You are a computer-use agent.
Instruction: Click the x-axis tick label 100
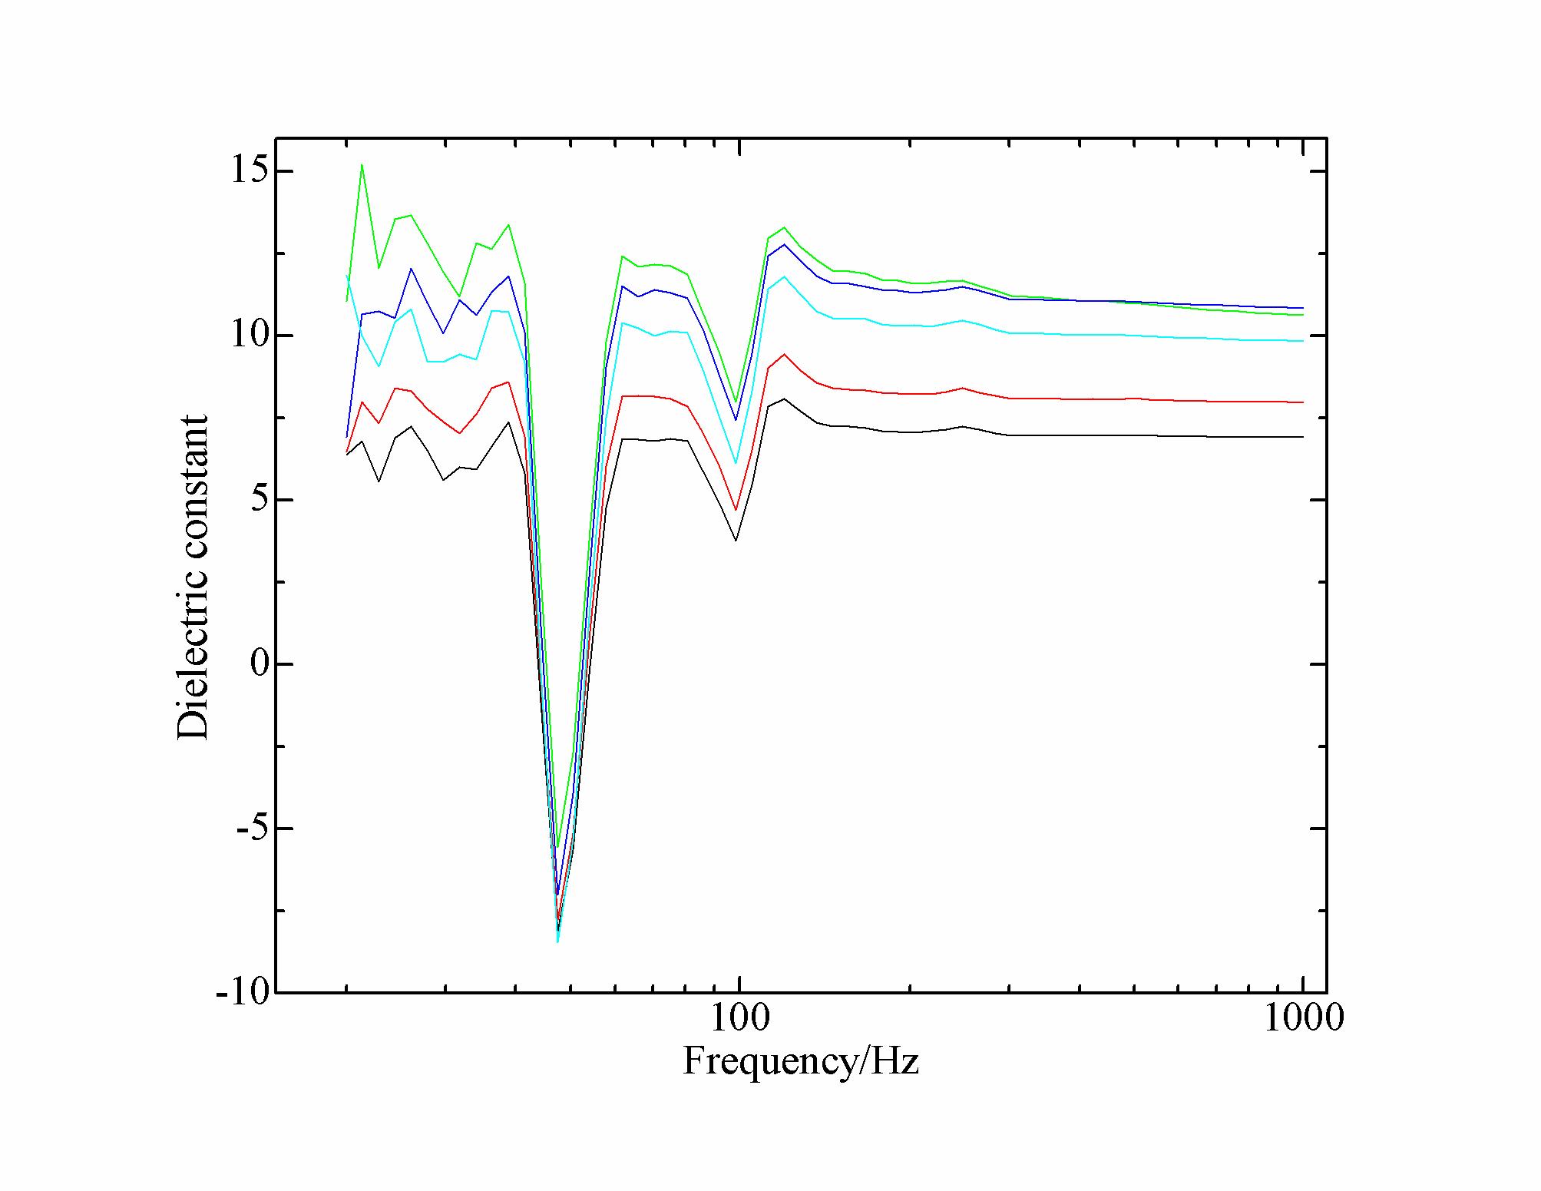click(739, 1019)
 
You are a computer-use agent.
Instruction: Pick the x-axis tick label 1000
click(1303, 1019)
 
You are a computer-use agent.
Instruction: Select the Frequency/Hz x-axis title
click(800, 1061)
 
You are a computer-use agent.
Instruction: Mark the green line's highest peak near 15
click(362, 164)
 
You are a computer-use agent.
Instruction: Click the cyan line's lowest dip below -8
click(557, 941)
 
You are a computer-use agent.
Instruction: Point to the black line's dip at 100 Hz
click(736, 540)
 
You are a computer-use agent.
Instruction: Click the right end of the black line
click(1303, 437)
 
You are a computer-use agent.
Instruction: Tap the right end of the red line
click(1303, 402)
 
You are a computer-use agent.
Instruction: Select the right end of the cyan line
click(1303, 341)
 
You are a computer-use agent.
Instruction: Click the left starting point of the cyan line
click(347, 276)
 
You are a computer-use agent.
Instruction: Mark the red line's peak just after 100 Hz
click(783, 354)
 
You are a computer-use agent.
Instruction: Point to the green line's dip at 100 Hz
click(736, 402)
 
